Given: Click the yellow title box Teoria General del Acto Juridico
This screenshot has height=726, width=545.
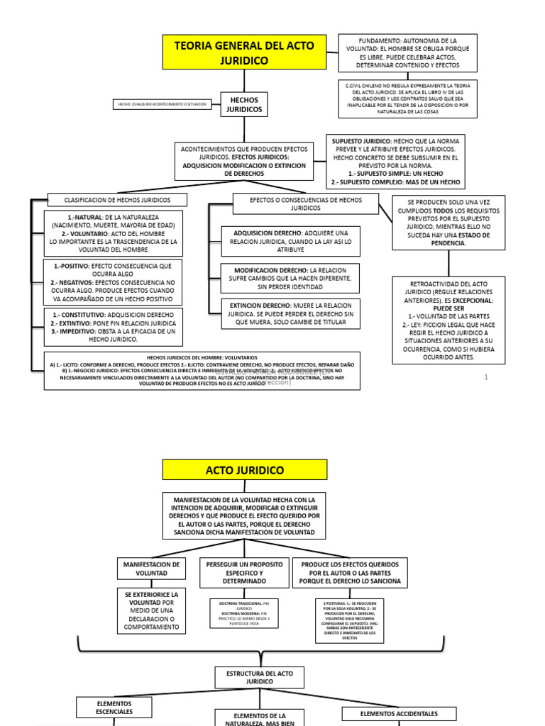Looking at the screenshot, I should (x=245, y=52).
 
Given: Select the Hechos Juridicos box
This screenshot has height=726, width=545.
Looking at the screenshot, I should (x=244, y=104).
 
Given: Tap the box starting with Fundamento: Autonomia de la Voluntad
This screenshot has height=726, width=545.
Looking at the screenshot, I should (x=407, y=52).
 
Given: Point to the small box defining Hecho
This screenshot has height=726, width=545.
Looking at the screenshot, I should (x=163, y=104).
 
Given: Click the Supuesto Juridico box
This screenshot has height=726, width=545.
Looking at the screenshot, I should (x=396, y=161).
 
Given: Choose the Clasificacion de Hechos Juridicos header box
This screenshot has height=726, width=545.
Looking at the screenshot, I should (x=118, y=200).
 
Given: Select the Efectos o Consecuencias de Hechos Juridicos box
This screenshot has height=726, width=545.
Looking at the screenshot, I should (x=306, y=204).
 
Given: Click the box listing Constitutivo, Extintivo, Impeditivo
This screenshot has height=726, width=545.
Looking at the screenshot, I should (x=113, y=326).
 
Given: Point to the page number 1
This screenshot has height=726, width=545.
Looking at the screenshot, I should (x=486, y=377).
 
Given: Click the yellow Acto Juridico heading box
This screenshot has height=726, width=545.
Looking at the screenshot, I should (x=245, y=470).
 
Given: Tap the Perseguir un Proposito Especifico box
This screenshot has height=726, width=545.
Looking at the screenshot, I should (x=244, y=573).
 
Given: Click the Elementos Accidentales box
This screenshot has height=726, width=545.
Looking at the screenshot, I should (x=399, y=714).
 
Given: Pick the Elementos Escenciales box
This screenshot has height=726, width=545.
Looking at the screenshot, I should (x=114, y=707).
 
